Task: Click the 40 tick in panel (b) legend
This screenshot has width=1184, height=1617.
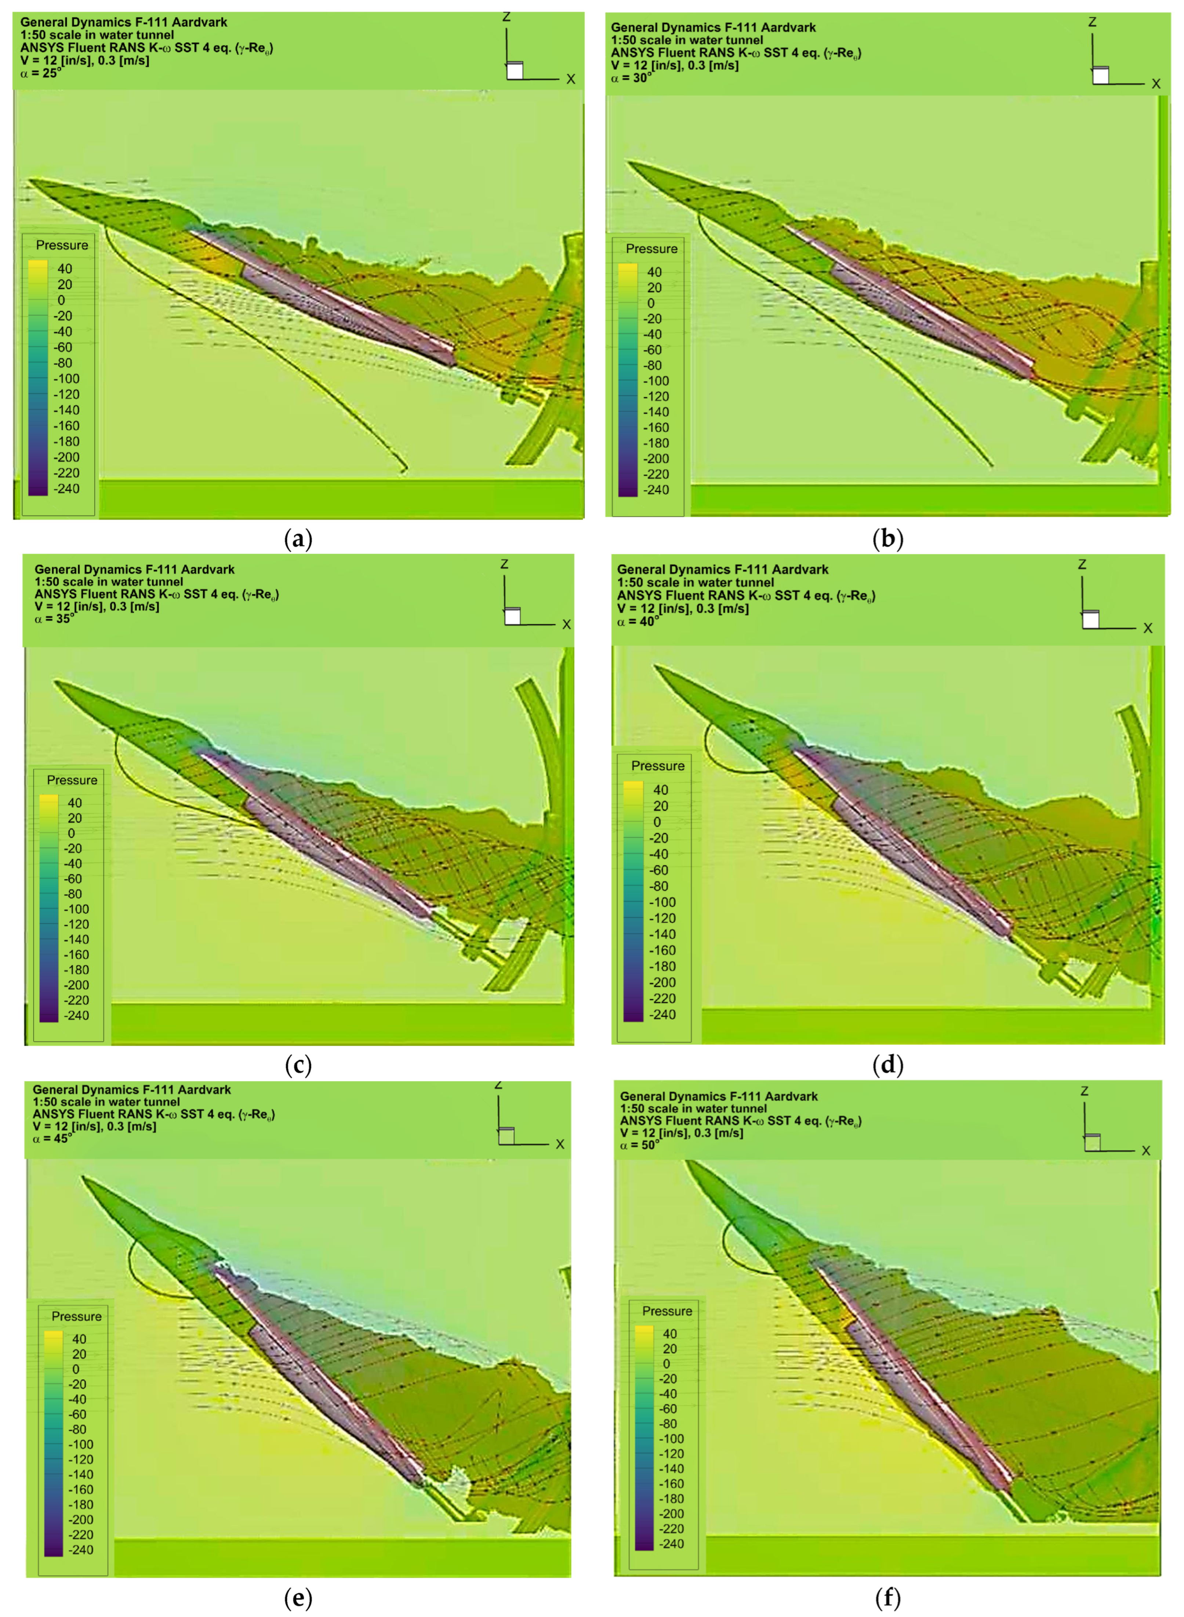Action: click(x=654, y=272)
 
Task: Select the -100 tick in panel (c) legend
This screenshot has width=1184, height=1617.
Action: click(x=76, y=909)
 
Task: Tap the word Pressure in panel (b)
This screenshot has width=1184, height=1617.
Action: click(x=651, y=249)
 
